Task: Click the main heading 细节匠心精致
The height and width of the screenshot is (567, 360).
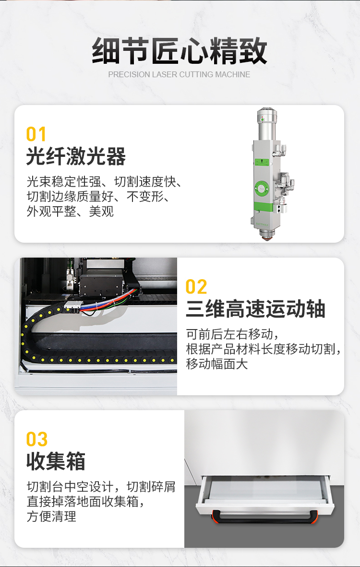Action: point(179,51)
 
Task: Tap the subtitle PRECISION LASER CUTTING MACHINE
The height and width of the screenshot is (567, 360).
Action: point(179,74)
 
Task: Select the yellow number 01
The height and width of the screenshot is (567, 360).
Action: point(36,134)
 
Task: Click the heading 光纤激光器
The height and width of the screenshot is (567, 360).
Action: point(76,156)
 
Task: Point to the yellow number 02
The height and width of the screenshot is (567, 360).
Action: point(196,287)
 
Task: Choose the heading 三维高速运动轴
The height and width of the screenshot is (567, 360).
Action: point(255,309)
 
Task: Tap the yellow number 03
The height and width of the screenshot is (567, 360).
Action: point(36,439)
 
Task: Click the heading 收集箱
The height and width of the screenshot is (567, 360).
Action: point(56,461)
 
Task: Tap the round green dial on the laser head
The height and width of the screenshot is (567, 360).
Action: point(262,188)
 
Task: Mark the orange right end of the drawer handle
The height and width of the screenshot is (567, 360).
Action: point(314,517)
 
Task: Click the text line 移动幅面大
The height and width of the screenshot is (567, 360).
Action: point(217,364)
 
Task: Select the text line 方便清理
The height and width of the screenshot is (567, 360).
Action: point(51,516)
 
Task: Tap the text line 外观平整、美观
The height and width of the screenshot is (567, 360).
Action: point(70,211)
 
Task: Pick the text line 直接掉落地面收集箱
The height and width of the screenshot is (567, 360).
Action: point(85,502)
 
